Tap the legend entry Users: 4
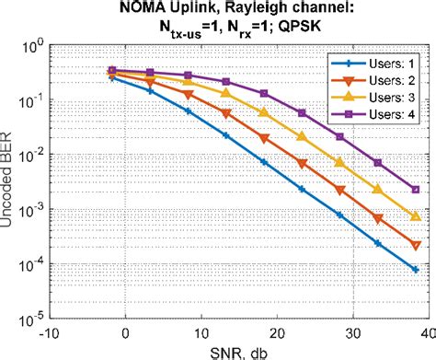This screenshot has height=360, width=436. coord(372,116)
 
